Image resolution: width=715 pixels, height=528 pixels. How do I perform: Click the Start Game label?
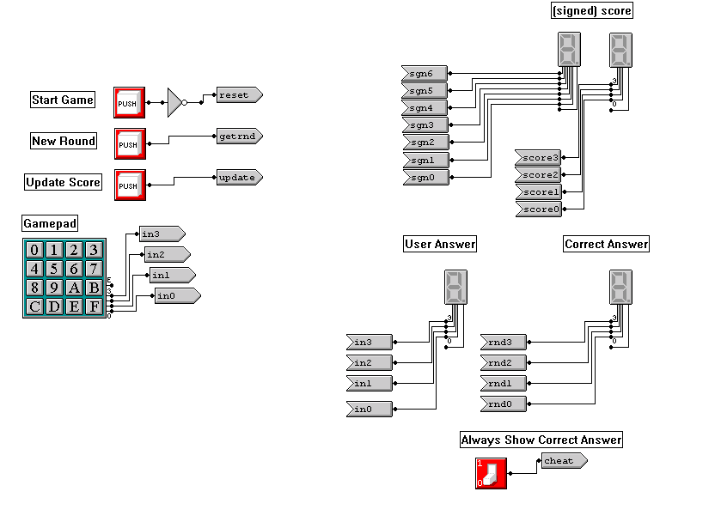63,100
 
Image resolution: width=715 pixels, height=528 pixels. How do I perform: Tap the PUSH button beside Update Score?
129,185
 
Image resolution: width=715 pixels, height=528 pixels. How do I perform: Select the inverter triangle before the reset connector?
175,102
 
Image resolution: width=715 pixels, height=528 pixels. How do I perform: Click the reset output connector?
237,94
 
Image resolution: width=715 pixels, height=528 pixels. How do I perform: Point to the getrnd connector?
238,136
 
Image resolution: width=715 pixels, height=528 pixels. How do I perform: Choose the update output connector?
238,177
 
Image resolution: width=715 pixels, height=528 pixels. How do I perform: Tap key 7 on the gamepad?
95,269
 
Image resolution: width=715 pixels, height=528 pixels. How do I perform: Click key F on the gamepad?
95,306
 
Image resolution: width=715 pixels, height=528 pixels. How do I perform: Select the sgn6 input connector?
424,74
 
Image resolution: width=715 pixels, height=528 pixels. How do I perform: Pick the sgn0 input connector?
424,177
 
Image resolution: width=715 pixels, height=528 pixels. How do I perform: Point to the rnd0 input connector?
502,403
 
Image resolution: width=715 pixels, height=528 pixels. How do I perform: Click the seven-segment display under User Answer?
456,287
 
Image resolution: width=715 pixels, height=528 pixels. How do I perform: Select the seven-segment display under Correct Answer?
620,287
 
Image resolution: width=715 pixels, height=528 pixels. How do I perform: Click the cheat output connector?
563,461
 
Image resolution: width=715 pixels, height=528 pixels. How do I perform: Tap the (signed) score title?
591,11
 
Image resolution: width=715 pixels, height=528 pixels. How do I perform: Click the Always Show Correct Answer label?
541,440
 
